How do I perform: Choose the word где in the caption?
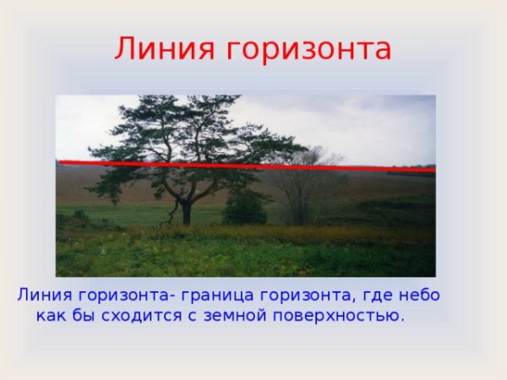(x=378, y=297)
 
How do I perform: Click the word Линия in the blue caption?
(x=43, y=296)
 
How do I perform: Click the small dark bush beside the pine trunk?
(x=245, y=208)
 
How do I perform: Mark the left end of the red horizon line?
(x=59, y=161)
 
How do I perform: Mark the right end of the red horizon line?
(x=433, y=171)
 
